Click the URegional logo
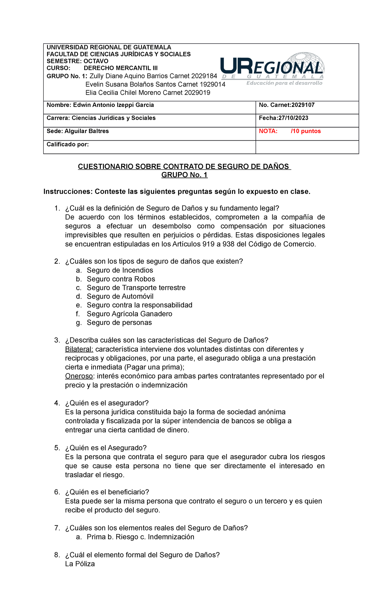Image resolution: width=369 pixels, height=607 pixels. coord(272,69)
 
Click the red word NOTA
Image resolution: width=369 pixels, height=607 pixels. coord(268,131)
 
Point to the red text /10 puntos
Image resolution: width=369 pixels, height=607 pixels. coord(306,131)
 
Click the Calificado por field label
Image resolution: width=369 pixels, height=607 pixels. coord(68,144)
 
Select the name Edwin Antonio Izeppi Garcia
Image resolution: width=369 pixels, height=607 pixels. coord(113,105)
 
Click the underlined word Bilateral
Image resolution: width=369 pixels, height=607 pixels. coord(79,349)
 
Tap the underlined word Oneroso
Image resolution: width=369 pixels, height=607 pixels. coord(79,376)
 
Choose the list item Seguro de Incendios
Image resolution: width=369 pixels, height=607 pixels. coord(120,270)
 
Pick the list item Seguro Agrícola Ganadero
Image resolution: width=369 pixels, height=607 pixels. coord(129,314)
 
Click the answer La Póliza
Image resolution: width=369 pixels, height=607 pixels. coord(80,564)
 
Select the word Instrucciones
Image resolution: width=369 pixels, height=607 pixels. coord(68,192)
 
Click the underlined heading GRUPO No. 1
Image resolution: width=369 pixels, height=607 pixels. coord(184,175)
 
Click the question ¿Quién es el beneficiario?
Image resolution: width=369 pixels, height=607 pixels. coord(107,492)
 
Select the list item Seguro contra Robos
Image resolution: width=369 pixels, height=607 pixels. coord(121,279)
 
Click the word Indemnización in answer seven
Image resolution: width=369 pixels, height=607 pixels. coord(171,537)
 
